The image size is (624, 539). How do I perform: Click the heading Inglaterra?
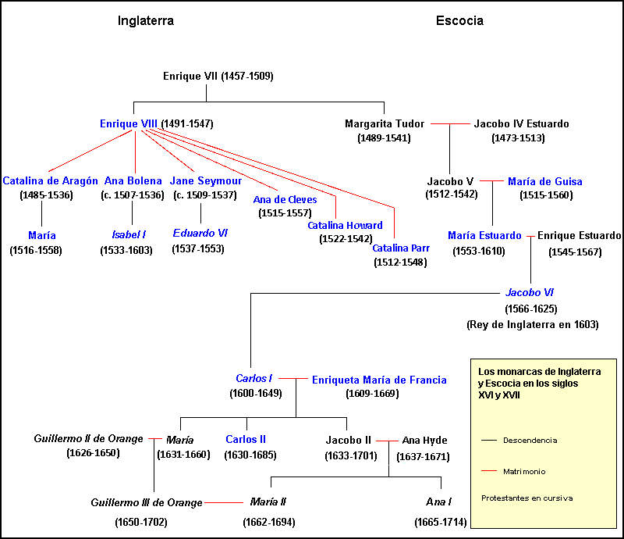(x=145, y=21)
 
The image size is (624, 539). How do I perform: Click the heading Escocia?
(x=459, y=21)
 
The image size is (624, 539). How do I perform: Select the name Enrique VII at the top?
(x=190, y=77)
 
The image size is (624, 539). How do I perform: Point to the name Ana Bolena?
(x=133, y=181)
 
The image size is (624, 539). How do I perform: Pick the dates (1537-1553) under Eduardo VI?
(x=198, y=249)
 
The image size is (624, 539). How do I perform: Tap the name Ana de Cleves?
(x=285, y=199)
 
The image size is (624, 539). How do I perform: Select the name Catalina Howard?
(x=345, y=226)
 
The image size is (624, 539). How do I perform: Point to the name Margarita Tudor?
(x=384, y=123)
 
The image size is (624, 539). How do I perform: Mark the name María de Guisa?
(x=544, y=182)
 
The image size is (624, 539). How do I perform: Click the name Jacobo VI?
(x=530, y=293)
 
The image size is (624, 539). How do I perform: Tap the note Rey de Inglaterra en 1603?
(x=532, y=324)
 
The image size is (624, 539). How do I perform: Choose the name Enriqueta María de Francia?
(x=379, y=380)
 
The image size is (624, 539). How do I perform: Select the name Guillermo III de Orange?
(x=146, y=502)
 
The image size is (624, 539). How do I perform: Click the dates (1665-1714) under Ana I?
(x=441, y=522)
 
